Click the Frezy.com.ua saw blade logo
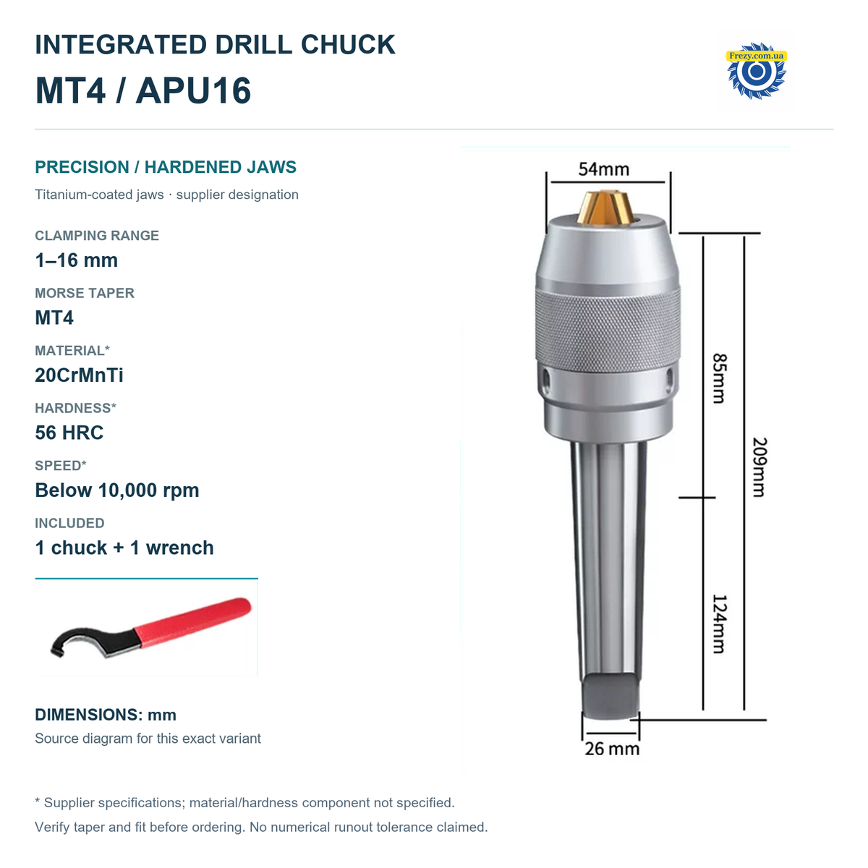click(x=757, y=71)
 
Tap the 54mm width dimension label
click(x=603, y=169)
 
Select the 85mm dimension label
click(x=719, y=378)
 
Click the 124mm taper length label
click(x=719, y=624)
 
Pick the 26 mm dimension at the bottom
click(x=612, y=749)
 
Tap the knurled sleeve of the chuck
click(x=608, y=330)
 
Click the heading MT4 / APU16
click(x=142, y=90)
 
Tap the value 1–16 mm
click(x=77, y=260)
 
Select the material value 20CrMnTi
click(x=79, y=375)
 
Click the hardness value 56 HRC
click(x=69, y=433)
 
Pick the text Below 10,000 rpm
click(x=117, y=490)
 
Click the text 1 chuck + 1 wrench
click(x=124, y=548)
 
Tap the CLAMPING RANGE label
click(x=97, y=236)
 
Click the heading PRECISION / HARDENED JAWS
click(x=166, y=167)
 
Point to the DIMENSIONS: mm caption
click(x=106, y=715)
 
